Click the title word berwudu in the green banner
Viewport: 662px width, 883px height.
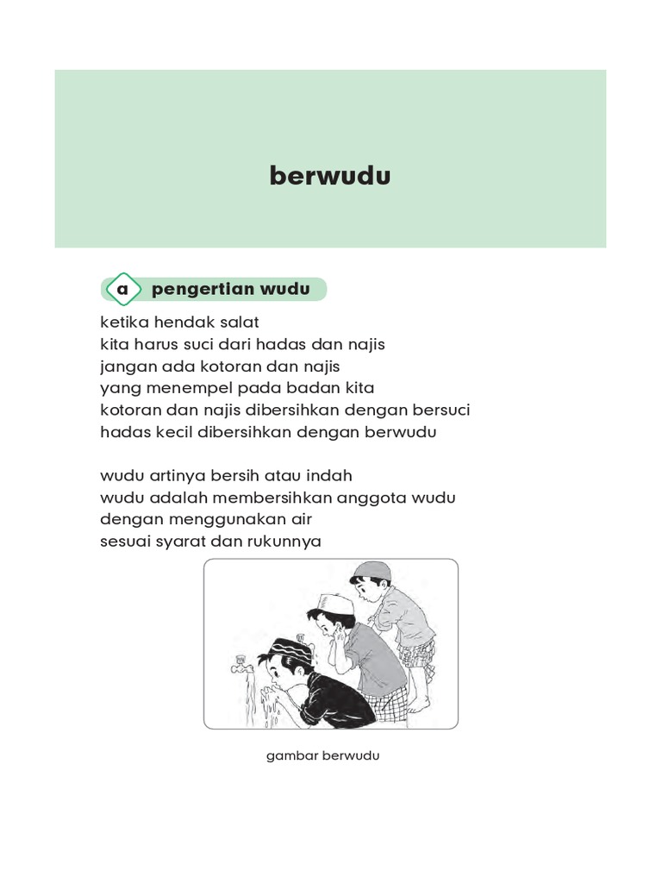click(330, 176)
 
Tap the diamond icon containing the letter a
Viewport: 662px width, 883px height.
click(122, 290)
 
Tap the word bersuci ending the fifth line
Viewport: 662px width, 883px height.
click(440, 410)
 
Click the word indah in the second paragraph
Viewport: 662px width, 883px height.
click(328, 476)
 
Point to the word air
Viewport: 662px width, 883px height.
click(300, 519)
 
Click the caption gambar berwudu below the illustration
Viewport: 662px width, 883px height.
click(323, 756)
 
